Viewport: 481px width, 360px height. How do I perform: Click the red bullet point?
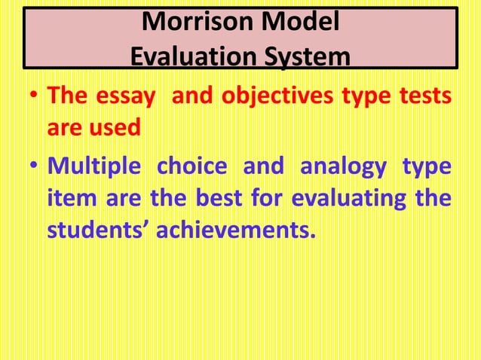point(32,98)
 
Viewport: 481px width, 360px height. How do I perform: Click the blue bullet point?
point(32,166)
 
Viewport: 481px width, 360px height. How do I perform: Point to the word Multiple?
point(93,166)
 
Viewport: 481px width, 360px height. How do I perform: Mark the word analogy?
point(343,166)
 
